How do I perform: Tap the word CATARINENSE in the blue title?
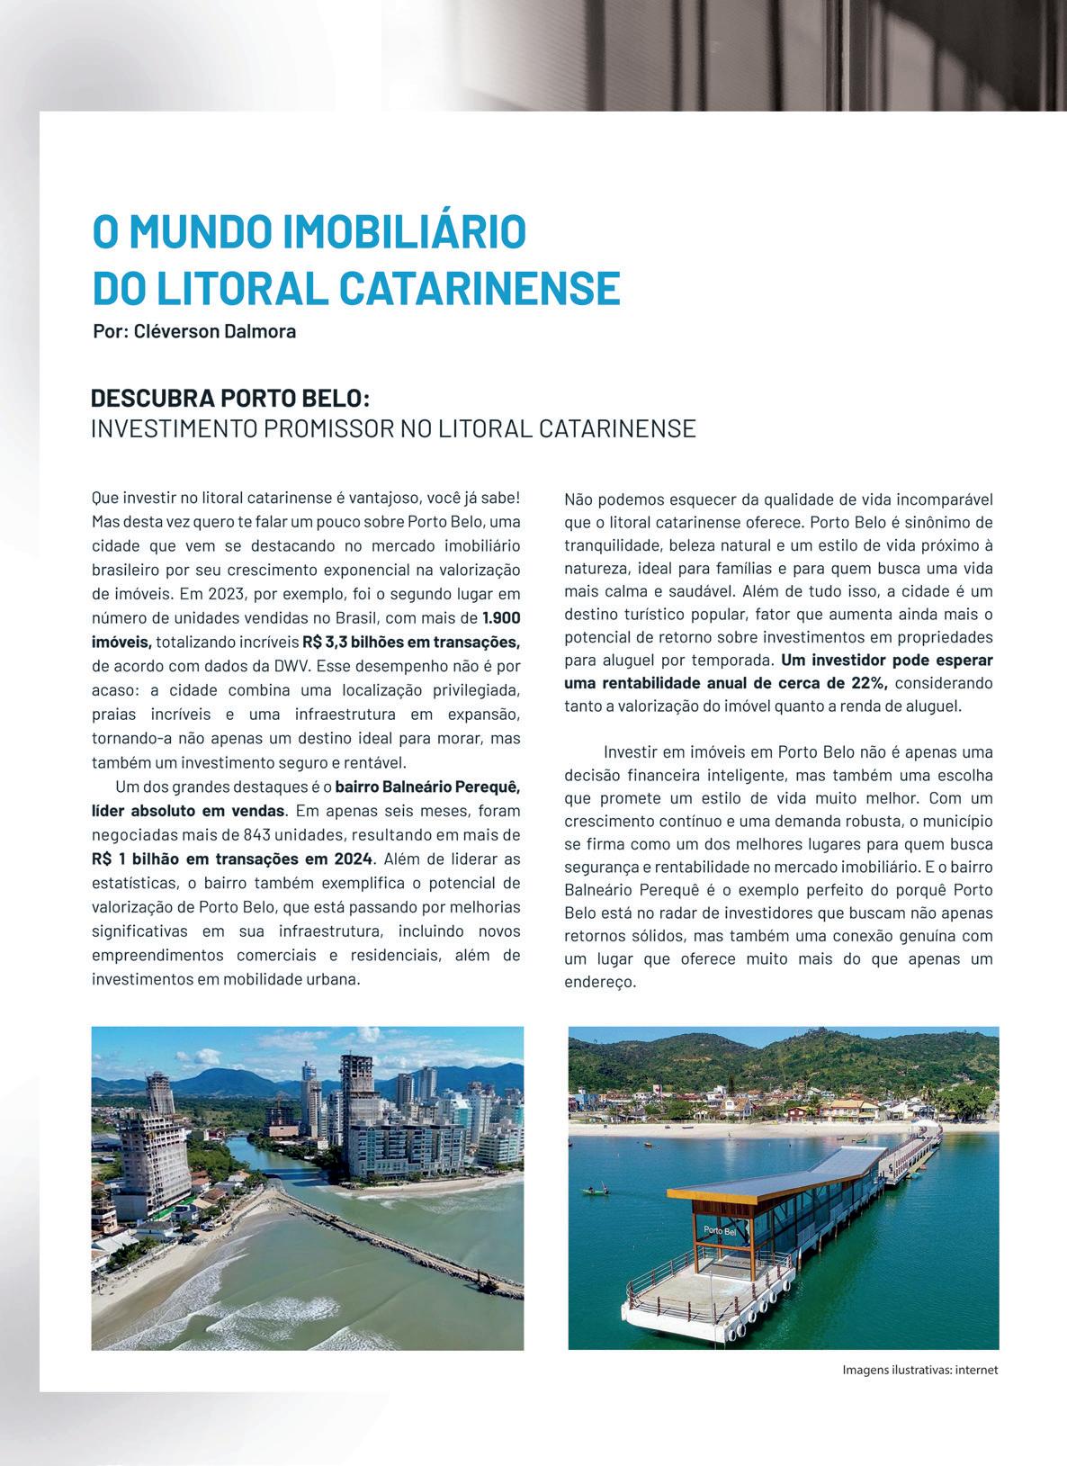click(480, 288)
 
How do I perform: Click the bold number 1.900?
click(501, 618)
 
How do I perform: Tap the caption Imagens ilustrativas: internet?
click(919, 1371)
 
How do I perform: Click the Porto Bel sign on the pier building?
click(721, 1230)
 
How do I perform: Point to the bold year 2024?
click(353, 859)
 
